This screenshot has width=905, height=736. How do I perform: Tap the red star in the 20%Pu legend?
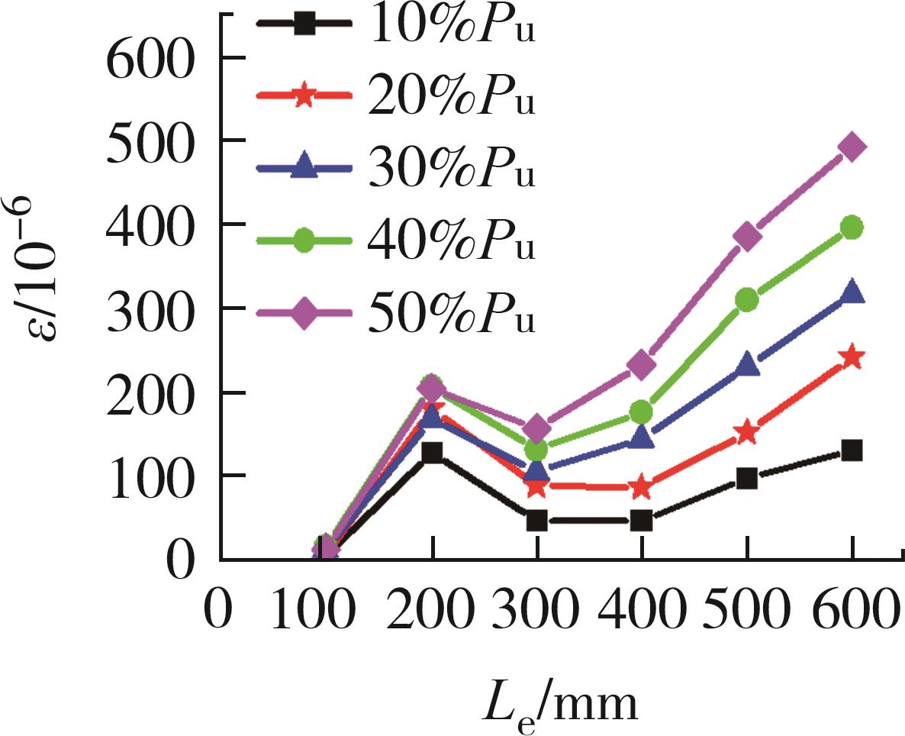[304, 97]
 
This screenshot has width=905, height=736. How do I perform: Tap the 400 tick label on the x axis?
[641, 611]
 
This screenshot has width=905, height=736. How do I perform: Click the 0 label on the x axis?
[220, 611]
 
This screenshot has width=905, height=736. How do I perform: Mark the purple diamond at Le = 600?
[852, 147]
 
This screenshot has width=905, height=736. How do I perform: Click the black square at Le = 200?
[433, 453]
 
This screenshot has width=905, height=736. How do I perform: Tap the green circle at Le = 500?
[747, 299]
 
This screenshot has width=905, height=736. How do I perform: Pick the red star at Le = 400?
[641, 486]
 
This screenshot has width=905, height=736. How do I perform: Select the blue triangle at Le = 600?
[852, 292]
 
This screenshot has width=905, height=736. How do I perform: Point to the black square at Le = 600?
[852, 450]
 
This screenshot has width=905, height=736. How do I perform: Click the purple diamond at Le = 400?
[641, 365]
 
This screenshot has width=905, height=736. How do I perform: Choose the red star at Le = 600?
[852, 357]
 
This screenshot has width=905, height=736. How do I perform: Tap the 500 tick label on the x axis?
[747, 611]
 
